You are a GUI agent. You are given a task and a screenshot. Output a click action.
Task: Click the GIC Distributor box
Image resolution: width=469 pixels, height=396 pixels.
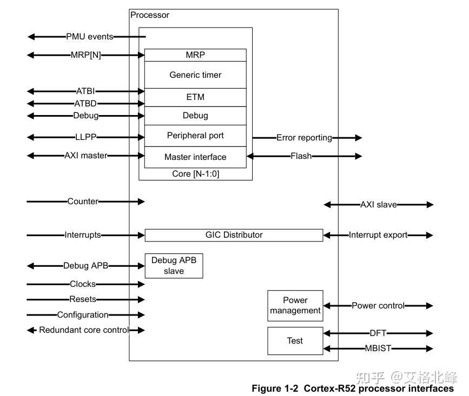click(234, 235)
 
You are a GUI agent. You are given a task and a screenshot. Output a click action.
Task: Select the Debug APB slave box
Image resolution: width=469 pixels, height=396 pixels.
click(174, 266)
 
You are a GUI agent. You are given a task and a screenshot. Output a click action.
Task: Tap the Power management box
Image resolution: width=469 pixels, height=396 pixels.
click(295, 305)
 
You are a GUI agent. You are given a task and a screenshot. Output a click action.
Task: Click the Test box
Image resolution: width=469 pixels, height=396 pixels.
click(295, 341)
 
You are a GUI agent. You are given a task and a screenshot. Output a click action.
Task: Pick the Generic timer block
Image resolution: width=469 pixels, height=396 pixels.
click(195, 75)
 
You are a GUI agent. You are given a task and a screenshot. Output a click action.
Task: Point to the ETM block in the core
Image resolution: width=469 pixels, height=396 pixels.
click(195, 97)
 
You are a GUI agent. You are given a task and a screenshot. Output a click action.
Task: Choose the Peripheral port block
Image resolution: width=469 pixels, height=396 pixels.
click(195, 136)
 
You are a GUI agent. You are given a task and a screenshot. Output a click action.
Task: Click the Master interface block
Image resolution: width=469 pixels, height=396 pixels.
click(195, 157)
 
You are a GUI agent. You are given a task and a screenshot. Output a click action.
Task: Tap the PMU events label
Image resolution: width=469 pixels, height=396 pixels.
click(90, 37)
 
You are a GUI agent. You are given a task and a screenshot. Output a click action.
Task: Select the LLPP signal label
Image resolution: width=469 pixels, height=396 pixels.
click(86, 137)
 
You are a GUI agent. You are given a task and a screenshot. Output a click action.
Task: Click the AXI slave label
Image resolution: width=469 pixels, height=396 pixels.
click(379, 205)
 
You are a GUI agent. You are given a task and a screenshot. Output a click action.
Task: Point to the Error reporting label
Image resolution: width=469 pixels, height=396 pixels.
click(304, 138)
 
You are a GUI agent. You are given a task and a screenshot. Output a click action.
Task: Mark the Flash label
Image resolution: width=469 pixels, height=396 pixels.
click(301, 156)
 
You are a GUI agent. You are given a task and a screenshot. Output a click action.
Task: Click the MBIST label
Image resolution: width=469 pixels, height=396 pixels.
click(378, 348)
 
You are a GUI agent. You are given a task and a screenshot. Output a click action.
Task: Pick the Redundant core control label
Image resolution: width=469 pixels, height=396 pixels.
click(84, 330)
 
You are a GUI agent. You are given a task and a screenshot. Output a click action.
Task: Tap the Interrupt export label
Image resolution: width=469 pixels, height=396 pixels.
click(378, 235)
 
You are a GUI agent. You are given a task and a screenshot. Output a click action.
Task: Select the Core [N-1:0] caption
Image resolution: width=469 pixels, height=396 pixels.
click(195, 174)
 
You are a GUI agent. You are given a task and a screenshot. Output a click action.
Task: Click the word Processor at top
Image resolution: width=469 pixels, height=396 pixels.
click(150, 15)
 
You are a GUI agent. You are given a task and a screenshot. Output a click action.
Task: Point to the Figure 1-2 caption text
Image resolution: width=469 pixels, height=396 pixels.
click(353, 388)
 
